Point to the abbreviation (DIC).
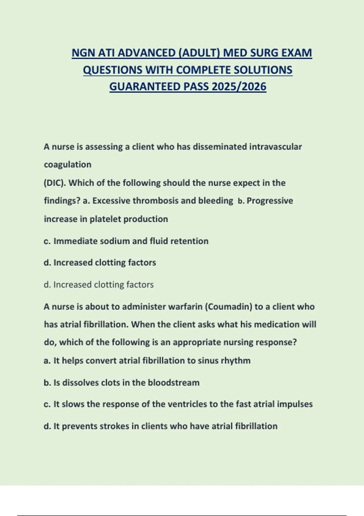coord(55,183)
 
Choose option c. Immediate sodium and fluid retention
coord(126,241)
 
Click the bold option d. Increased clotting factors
coord(100,263)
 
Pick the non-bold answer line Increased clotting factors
coord(99,285)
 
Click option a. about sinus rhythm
coord(147,361)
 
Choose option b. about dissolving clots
coord(121,382)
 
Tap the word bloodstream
coord(174,382)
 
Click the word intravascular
coord(275,147)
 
